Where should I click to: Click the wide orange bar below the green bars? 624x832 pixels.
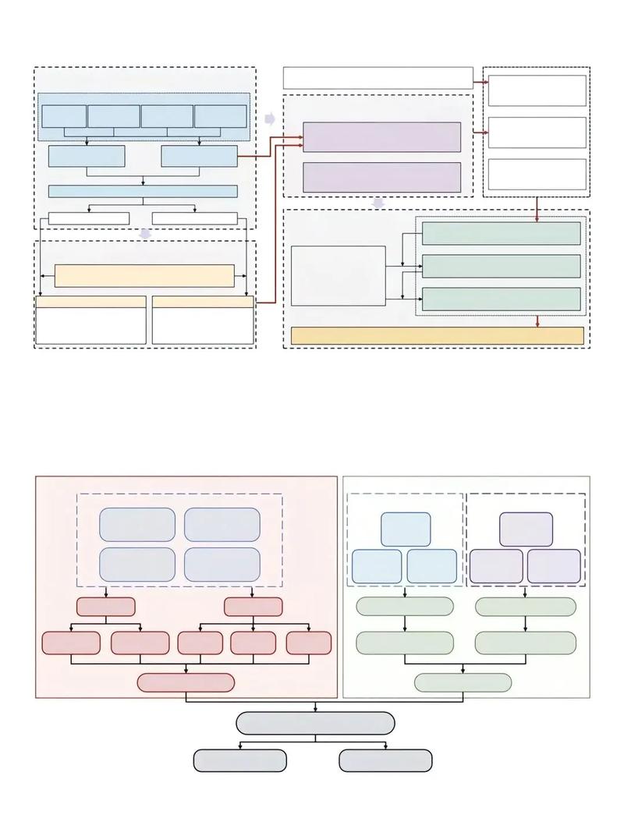tap(437, 335)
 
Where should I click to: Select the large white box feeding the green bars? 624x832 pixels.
tap(339, 276)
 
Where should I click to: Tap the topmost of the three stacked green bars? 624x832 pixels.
tap(501, 233)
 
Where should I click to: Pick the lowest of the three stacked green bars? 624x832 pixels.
tap(501, 299)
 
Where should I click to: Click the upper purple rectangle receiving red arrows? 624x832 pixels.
tap(381, 137)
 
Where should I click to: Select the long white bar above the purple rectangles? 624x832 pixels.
tap(378, 78)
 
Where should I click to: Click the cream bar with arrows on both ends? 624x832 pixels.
tap(144, 275)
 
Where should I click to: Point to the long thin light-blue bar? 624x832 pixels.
tap(143, 191)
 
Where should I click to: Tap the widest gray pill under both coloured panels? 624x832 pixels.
tap(315, 723)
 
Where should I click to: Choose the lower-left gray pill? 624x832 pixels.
tap(240, 760)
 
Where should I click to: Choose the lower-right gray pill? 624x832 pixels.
tap(385, 760)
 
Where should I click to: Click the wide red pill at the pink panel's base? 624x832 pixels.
tap(186, 682)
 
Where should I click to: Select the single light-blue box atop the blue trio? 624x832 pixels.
tap(406, 529)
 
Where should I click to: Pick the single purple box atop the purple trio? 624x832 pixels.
tap(526, 529)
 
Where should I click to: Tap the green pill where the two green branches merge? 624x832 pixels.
tap(463, 682)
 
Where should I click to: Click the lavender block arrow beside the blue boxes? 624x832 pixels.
tap(270, 119)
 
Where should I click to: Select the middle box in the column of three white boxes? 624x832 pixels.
tap(537, 133)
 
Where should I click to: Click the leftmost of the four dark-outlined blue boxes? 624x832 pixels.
tap(64, 116)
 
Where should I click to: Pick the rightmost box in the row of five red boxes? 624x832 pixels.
tap(309, 643)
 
